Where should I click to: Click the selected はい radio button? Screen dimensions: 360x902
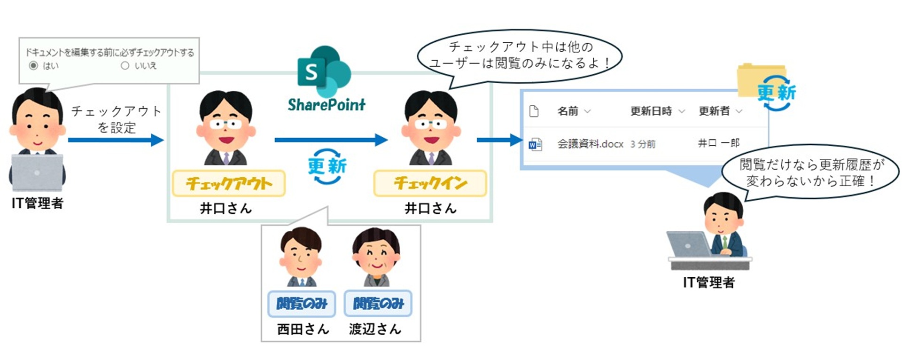point(33,66)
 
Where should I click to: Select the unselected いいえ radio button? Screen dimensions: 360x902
point(125,66)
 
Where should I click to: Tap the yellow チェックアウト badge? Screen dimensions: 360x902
point(228,183)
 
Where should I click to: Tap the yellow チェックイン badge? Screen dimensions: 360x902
point(430,183)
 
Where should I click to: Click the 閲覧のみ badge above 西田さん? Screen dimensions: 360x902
point(302,304)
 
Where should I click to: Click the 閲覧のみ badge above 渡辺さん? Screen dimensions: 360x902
point(378,304)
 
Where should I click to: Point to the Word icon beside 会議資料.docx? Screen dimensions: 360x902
point(535,144)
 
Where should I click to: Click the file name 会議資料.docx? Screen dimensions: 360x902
point(590,144)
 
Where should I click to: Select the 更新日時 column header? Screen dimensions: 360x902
point(651,111)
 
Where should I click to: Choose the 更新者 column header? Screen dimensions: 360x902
point(714,111)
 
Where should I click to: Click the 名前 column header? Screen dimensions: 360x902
point(568,111)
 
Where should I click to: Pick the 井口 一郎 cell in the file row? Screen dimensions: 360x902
point(719,143)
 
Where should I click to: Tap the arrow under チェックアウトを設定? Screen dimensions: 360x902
point(116,140)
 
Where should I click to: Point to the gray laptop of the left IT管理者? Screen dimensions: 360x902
point(37,172)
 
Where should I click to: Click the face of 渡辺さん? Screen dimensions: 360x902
point(376,256)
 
